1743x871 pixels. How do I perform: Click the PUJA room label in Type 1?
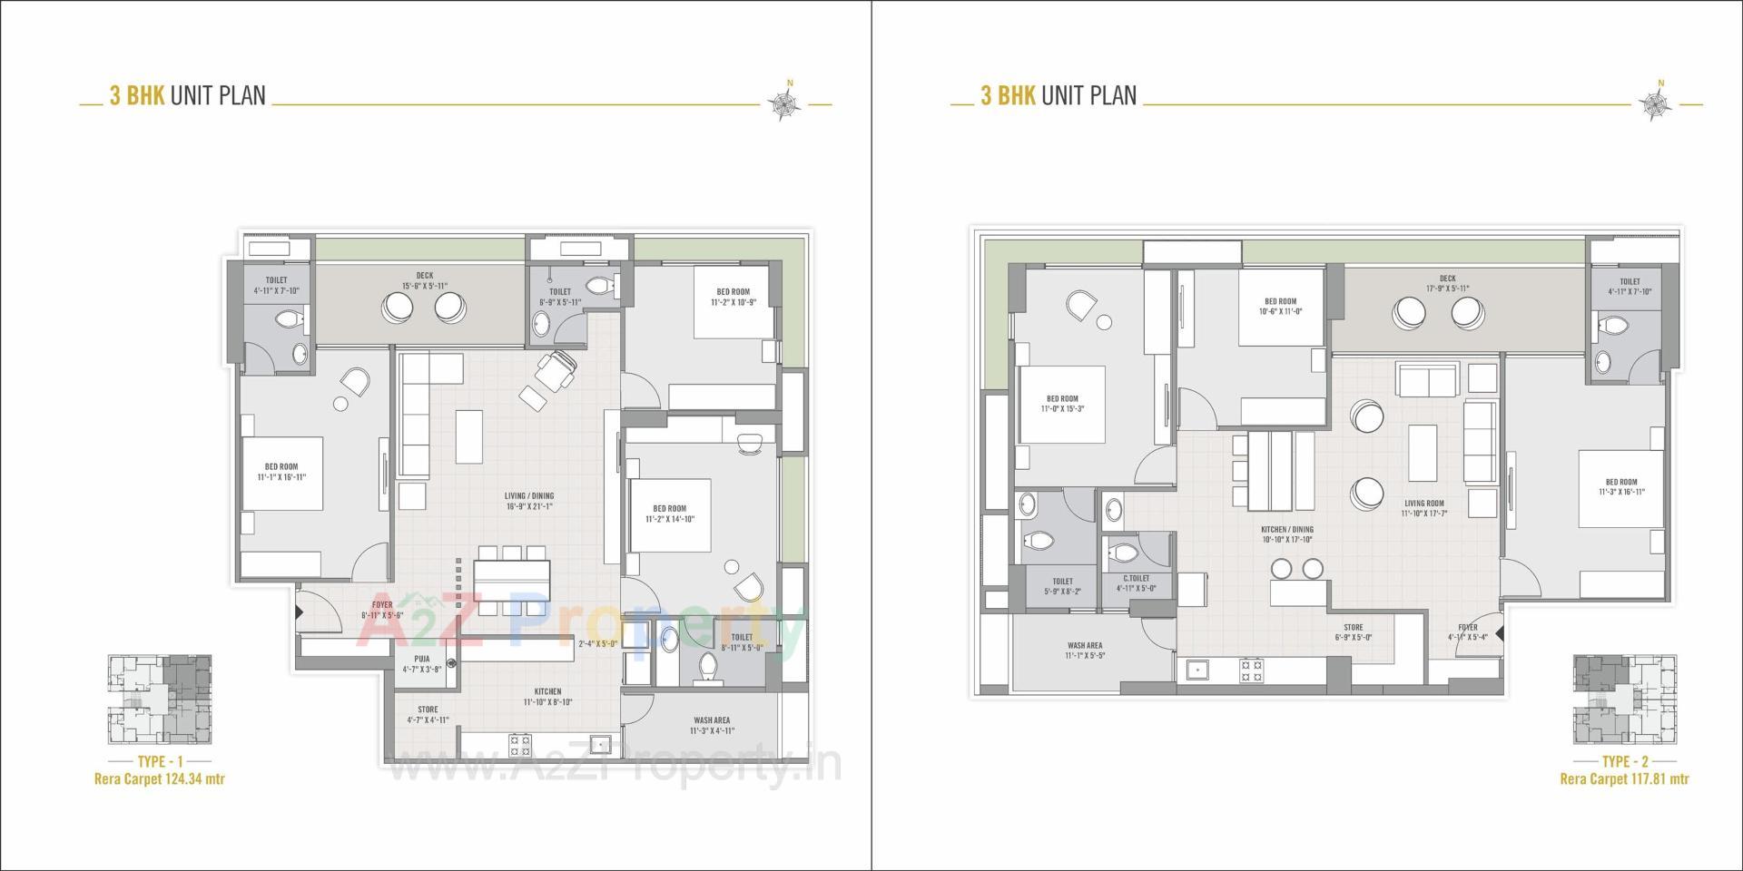click(x=422, y=659)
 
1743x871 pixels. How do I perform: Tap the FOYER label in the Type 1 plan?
click(x=382, y=604)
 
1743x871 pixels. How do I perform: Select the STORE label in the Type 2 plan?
click(x=1354, y=627)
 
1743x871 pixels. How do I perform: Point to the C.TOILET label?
click(x=1136, y=578)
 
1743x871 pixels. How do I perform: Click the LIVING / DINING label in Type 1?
click(x=529, y=496)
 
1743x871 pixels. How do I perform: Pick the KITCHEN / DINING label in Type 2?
click(x=1286, y=529)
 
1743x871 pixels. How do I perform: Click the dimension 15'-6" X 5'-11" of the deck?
click(x=425, y=286)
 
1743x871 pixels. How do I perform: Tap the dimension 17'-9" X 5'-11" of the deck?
click(x=1447, y=289)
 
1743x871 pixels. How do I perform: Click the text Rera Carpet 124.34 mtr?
click(x=159, y=778)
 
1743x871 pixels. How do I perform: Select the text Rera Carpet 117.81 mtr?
click(x=1624, y=778)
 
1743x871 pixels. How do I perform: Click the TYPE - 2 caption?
click(x=1624, y=761)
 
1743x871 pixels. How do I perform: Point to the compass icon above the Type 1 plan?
click(x=784, y=104)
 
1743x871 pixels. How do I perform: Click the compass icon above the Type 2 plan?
click(x=1656, y=104)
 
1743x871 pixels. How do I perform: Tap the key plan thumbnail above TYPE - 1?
click(x=160, y=700)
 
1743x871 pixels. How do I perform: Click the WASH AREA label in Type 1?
click(x=711, y=720)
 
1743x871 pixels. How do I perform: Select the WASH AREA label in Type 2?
click(x=1085, y=646)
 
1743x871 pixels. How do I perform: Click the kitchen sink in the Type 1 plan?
click(x=599, y=745)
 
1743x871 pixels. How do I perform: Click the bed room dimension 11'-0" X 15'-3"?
click(x=1062, y=409)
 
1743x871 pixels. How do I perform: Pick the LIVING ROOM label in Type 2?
click(x=1423, y=504)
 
